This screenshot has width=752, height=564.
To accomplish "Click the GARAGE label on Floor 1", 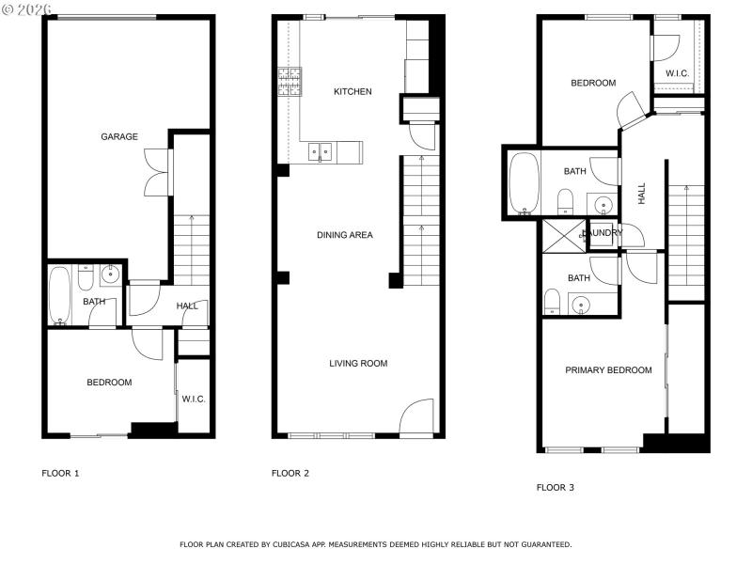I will pos(119,137).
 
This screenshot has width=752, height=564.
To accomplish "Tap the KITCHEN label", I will pos(352,92).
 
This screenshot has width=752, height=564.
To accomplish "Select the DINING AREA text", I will pos(345,235).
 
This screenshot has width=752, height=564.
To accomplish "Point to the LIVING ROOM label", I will pos(358,364).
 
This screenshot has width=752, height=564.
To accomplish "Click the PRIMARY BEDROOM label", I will pos(608,370).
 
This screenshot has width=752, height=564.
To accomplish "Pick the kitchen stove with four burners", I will pos(289,82).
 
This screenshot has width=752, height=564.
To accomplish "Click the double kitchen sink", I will pos(321,150).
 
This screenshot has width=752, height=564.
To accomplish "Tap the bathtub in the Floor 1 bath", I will pos(59,295).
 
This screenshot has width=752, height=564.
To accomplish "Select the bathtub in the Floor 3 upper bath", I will pos(522,184).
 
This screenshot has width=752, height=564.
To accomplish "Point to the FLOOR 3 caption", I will pos(555,488).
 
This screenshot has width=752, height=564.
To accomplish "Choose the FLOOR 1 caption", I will pos(60,474).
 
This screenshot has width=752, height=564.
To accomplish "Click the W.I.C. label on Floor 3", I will pos(678,73).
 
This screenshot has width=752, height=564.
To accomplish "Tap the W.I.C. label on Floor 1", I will pos(194,399).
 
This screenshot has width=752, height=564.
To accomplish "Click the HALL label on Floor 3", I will pos(642,194).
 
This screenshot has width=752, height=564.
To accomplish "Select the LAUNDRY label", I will pos(603,233).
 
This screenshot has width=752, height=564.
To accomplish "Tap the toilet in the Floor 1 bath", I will pos(85,279).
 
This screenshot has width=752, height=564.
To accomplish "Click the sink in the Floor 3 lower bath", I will pos(580,304).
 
